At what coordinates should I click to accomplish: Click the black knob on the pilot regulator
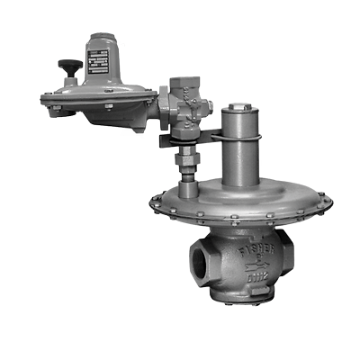pos(65,65)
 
